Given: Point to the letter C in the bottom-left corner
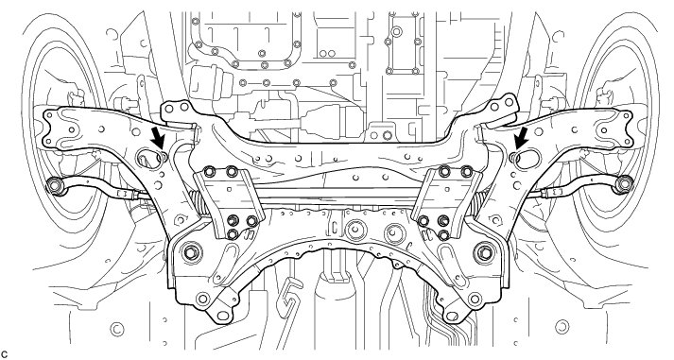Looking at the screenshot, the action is coord(5,354).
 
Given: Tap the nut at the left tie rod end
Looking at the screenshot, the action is coord(55,185).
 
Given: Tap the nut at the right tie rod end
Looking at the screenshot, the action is coord(624,184).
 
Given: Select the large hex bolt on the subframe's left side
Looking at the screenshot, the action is coord(191,252).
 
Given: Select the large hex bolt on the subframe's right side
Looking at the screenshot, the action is coord(484,252).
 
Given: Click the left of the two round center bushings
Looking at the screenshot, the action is coord(355,231).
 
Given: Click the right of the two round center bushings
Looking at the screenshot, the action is coord(394,232).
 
